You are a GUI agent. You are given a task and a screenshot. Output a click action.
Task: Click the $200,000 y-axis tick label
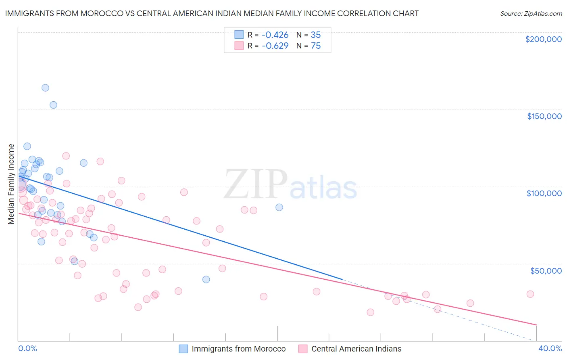[x=543, y=39]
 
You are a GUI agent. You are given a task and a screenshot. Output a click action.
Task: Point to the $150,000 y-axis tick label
[x=544, y=116]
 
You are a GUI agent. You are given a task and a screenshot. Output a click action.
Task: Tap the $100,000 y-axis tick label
[x=544, y=193]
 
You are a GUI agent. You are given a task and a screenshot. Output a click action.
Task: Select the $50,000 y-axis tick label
[x=546, y=270]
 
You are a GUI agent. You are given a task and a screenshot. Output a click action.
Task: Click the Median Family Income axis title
[x=11, y=184]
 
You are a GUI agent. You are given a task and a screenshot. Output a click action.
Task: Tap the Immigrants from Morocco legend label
[x=238, y=349]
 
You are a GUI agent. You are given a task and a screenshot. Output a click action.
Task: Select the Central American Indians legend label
[x=356, y=349]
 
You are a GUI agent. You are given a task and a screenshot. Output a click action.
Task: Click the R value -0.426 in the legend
[x=275, y=35]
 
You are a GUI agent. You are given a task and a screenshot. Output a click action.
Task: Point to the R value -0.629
[x=275, y=46]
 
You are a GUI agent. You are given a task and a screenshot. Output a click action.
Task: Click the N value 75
[x=316, y=46]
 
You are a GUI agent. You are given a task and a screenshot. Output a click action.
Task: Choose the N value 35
[x=316, y=35]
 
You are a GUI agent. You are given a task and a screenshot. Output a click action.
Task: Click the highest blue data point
[x=45, y=88]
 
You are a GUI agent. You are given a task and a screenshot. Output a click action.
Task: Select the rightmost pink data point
[x=530, y=294]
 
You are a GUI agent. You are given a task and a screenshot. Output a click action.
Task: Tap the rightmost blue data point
[x=279, y=207]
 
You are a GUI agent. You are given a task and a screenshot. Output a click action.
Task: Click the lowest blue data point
[x=206, y=279]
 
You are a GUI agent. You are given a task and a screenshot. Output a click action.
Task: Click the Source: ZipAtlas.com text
[x=531, y=14]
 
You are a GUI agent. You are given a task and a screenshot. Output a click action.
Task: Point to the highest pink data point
[x=66, y=156]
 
